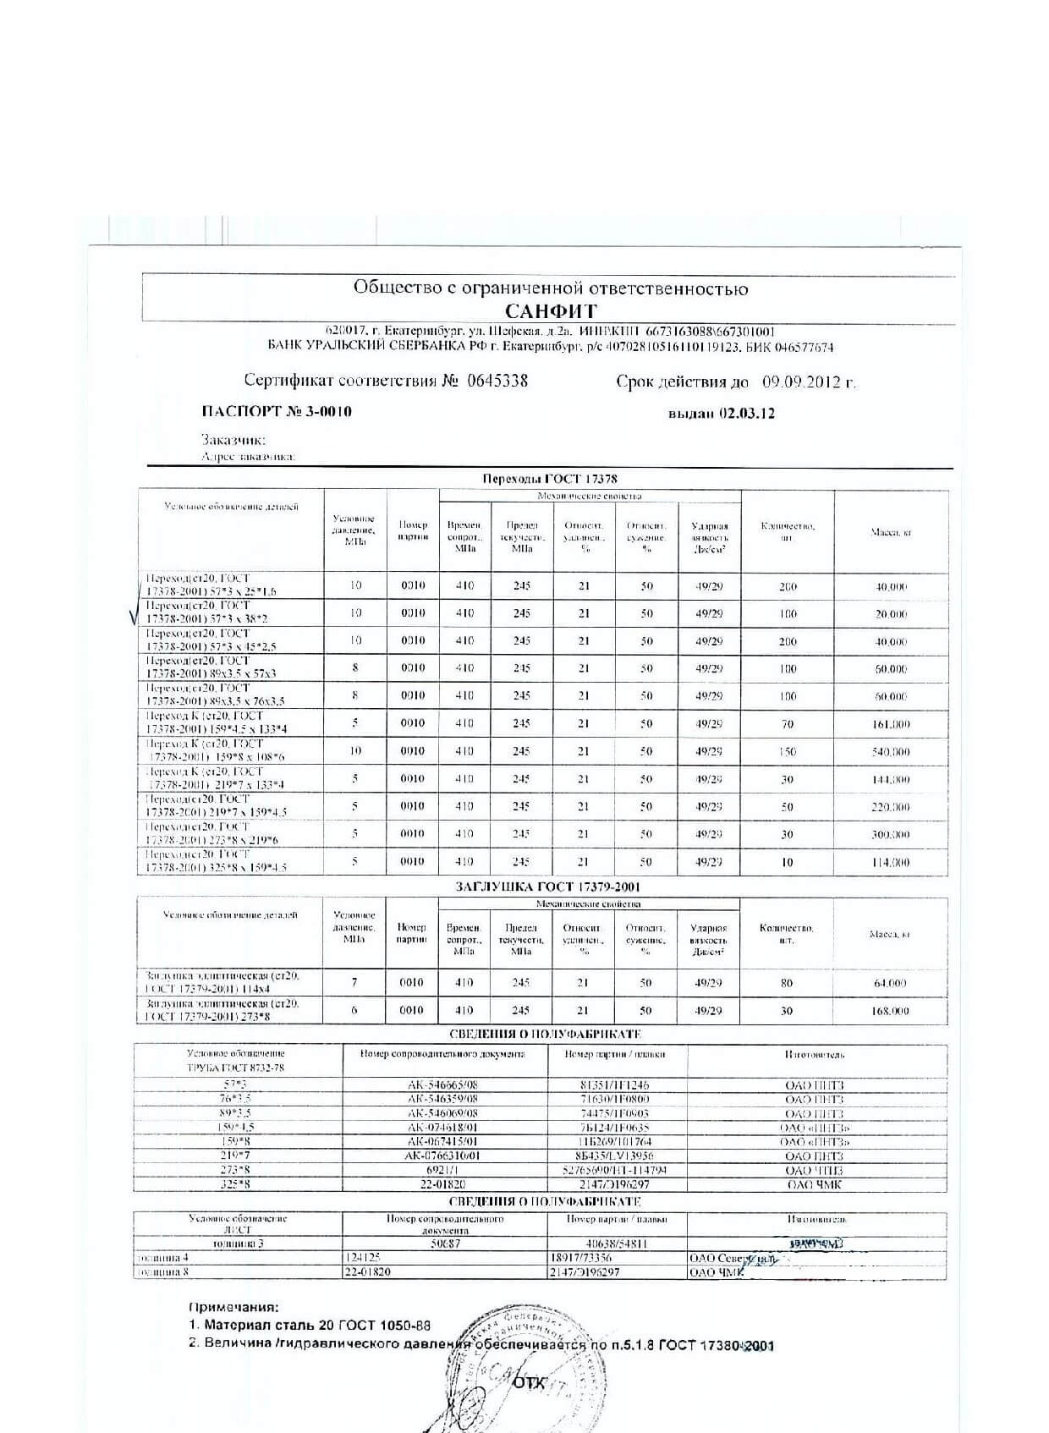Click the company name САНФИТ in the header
pos(551,310)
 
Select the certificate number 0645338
pos(497,381)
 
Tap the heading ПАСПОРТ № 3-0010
pos(277,412)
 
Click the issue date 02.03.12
pos(746,414)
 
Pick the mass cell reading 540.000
pos(891,751)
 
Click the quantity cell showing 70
pos(788,724)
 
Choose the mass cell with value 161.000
pos(891,724)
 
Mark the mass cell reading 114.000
pos(891,862)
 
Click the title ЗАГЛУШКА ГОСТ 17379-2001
pos(548,887)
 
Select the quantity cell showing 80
pos(787,983)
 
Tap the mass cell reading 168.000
pos(890,1011)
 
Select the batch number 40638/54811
pos(617,1244)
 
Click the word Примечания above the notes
pos(233,1307)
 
